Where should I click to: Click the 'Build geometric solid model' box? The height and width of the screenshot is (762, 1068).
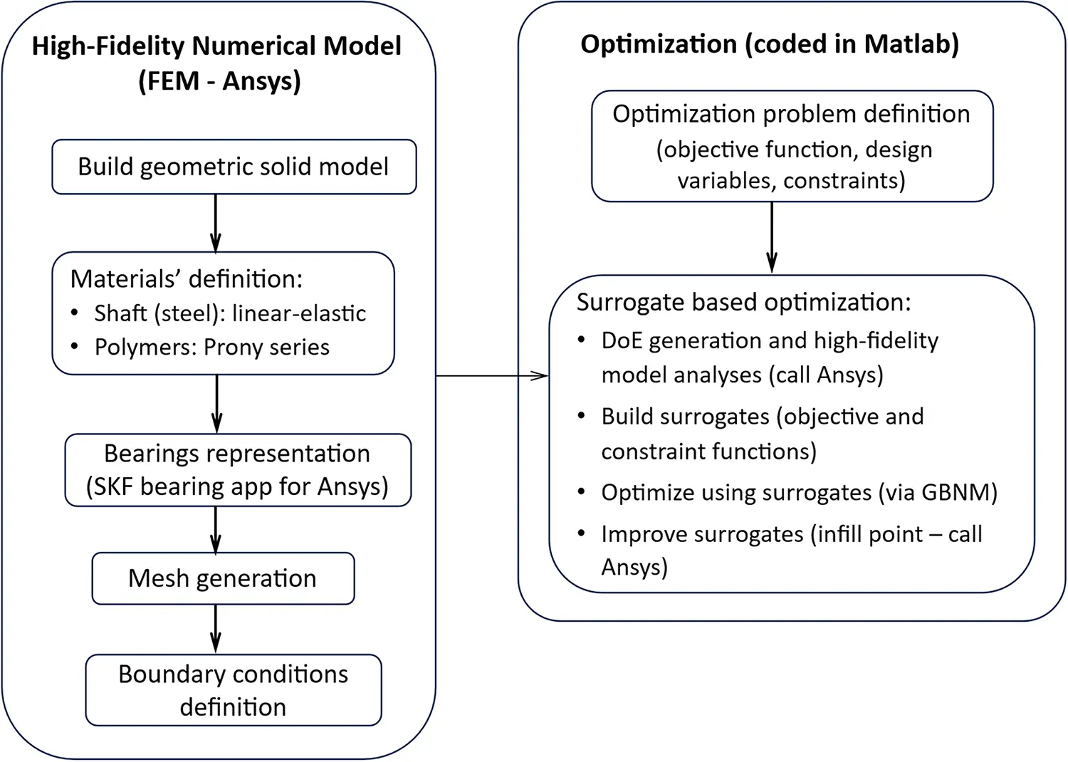(x=234, y=167)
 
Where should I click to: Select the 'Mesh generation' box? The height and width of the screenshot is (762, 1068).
(x=223, y=578)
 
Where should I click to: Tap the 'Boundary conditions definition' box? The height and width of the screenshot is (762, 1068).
(x=234, y=690)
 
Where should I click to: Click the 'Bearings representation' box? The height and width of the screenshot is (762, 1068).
(x=238, y=470)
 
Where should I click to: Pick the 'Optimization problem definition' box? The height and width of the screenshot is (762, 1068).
(x=792, y=146)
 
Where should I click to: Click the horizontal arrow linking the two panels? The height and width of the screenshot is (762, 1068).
(x=491, y=375)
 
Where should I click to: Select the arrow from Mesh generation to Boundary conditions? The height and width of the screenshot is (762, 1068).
(x=216, y=629)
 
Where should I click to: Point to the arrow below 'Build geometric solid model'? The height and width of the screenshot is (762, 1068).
(x=216, y=222)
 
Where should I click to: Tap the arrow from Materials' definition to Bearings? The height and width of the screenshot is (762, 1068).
(x=216, y=404)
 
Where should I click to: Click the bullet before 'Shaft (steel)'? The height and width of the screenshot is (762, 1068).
(x=75, y=313)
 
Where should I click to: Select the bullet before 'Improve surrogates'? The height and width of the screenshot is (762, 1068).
(x=582, y=533)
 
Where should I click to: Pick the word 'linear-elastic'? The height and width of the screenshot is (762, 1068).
(x=299, y=313)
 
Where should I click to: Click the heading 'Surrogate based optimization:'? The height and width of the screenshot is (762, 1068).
(x=743, y=303)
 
